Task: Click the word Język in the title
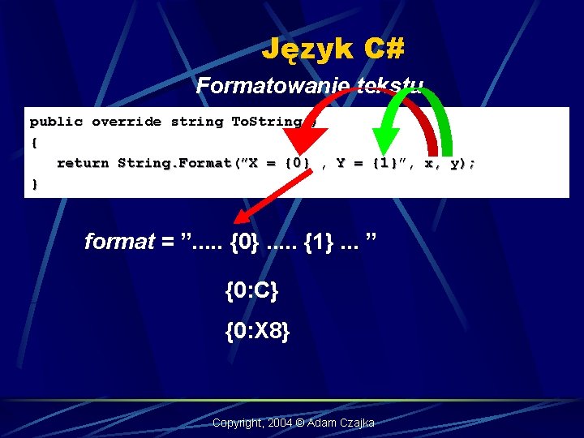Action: click(x=307, y=50)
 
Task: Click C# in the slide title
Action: click(x=384, y=49)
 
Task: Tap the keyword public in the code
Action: click(x=56, y=122)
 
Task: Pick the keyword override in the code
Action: click(x=127, y=122)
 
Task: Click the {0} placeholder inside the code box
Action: click(x=298, y=163)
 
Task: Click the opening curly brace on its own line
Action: click(x=34, y=143)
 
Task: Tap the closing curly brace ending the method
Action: click(x=34, y=184)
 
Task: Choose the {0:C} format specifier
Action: click(x=251, y=290)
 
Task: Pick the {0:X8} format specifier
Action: click(x=257, y=332)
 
